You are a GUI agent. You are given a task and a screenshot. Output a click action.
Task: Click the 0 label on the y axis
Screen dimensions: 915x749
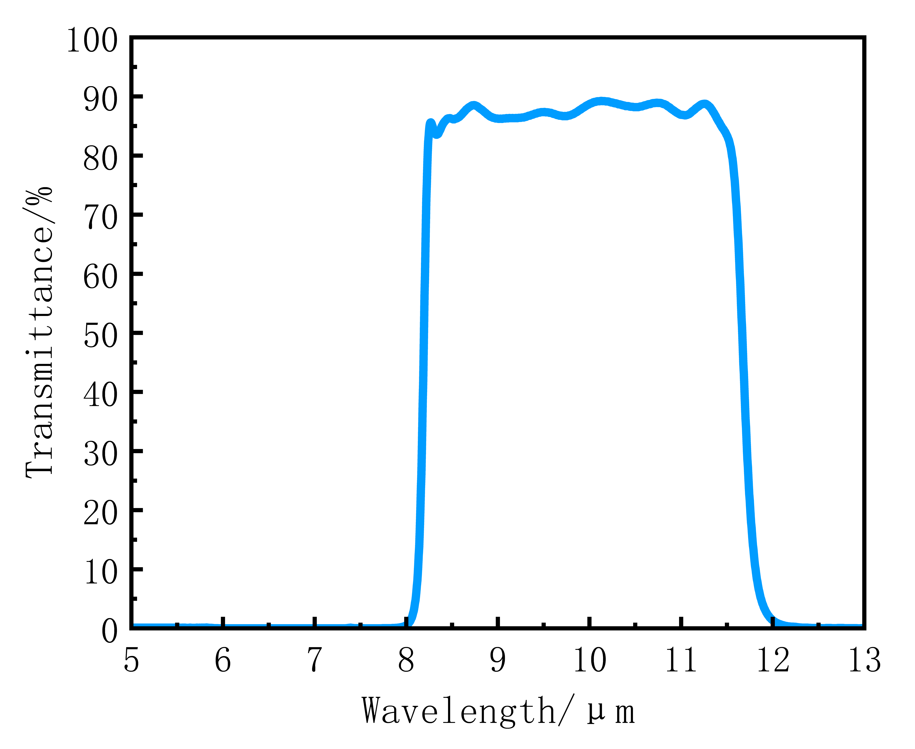pos(110,632)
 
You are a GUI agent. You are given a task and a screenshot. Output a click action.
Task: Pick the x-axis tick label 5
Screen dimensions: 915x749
pos(131,661)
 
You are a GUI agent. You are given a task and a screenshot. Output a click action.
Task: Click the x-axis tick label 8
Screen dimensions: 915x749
pos(406,661)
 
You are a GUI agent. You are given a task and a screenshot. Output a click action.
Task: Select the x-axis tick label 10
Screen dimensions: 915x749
pos(589,661)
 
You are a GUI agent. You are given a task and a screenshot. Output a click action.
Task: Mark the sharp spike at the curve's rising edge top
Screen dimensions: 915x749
pos(430,123)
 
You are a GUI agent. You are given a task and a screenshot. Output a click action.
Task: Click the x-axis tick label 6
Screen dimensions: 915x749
pos(223,661)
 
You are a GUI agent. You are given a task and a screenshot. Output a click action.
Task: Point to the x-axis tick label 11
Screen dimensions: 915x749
pos(681,661)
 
